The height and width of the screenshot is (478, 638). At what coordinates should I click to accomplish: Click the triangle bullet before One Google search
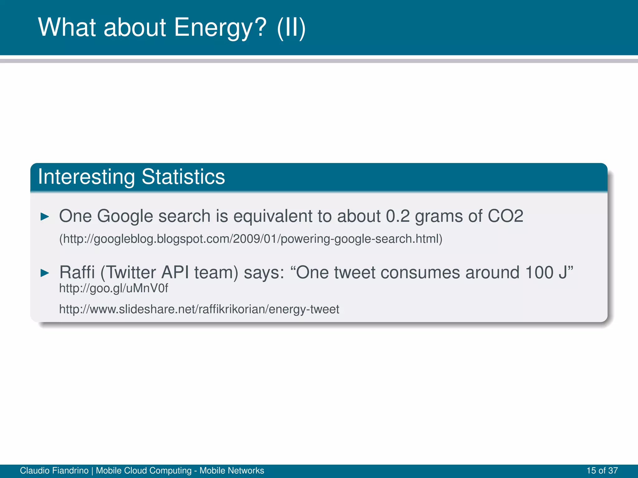[45, 217]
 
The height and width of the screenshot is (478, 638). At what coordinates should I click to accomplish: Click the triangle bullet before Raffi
[45, 273]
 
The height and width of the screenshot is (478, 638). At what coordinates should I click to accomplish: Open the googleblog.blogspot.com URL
[251, 239]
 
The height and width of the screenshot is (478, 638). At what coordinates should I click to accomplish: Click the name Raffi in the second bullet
[77, 272]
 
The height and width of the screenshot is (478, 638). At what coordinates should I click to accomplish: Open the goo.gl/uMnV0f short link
[113, 288]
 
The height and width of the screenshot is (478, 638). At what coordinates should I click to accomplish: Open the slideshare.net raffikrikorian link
[199, 309]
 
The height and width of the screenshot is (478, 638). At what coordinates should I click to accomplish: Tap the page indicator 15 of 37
[602, 471]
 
